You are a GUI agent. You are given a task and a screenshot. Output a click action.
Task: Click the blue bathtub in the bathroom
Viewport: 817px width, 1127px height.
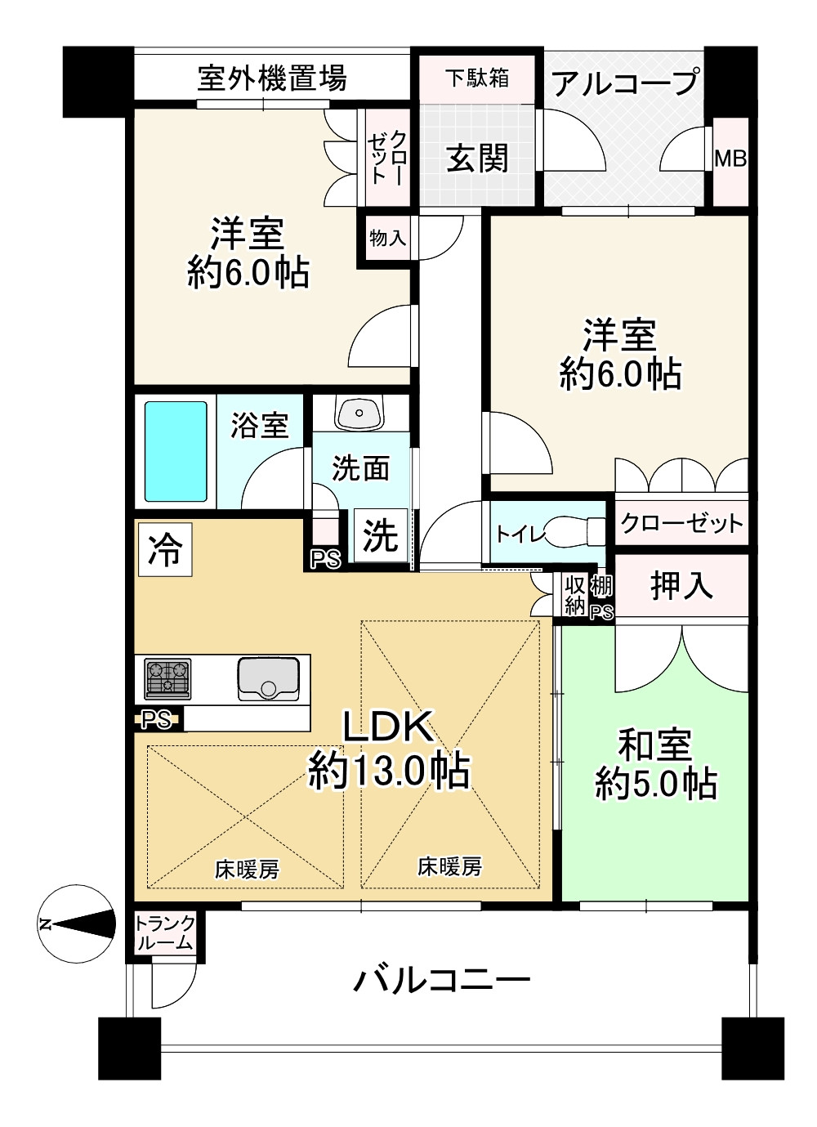click(x=176, y=451)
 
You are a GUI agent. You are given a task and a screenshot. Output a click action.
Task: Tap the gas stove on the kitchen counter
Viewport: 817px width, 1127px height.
click(x=167, y=678)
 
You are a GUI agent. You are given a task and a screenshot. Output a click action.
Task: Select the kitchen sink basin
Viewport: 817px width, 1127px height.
click(x=269, y=679)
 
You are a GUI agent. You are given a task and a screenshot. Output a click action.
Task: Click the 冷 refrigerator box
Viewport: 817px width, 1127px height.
click(x=165, y=549)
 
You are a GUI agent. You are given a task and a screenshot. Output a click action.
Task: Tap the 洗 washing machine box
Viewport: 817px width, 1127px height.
click(x=381, y=535)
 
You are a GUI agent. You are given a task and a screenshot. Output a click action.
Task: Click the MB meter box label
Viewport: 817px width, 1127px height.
click(x=730, y=159)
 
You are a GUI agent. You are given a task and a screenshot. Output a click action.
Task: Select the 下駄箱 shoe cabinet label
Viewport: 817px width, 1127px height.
click(x=477, y=78)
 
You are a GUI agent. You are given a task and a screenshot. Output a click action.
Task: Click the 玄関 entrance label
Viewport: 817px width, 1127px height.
click(x=477, y=159)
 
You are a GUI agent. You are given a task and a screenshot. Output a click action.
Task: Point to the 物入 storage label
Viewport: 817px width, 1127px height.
click(x=388, y=238)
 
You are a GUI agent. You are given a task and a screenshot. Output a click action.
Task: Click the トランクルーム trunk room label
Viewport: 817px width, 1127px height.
click(x=165, y=933)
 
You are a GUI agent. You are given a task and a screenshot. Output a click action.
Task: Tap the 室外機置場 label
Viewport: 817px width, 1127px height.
click(x=272, y=78)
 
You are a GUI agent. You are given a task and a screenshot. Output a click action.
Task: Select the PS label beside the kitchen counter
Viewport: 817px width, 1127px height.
click(x=156, y=720)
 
